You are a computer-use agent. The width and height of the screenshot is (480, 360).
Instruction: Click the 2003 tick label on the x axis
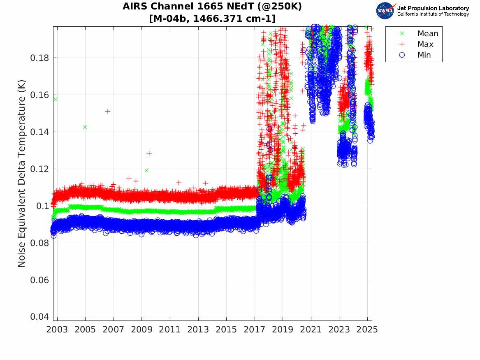click(x=57, y=330)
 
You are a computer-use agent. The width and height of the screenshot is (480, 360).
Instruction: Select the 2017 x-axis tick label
click(x=255, y=330)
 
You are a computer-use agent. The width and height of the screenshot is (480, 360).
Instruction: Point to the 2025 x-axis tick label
click(x=367, y=330)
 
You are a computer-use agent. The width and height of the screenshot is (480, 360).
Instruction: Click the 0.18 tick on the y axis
click(x=39, y=58)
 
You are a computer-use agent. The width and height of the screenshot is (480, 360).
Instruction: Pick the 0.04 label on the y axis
click(x=39, y=317)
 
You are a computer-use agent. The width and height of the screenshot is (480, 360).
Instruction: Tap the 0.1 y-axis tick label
click(x=43, y=206)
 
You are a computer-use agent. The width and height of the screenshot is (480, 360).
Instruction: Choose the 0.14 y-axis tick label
click(x=39, y=132)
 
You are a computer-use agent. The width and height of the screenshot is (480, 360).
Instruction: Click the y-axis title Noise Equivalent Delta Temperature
click(x=22, y=174)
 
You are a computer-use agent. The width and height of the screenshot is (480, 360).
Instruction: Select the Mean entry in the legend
click(x=428, y=34)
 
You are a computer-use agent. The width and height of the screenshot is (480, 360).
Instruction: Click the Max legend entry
click(x=425, y=44)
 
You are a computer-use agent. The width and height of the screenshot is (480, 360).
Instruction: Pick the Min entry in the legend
click(x=424, y=55)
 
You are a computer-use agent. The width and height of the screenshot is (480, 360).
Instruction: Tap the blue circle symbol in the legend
click(x=402, y=55)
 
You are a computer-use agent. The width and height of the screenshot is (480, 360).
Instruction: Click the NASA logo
click(x=386, y=11)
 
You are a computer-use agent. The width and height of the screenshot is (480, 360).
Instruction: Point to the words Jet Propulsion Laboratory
click(x=433, y=8)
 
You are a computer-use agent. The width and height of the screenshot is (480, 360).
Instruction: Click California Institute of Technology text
click(x=433, y=14)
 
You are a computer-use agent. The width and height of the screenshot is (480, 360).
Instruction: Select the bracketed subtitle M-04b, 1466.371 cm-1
click(x=212, y=19)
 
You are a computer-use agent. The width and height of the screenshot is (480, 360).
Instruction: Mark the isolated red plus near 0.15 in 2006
click(x=108, y=111)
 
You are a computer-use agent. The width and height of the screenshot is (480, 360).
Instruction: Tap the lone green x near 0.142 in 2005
click(x=85, y=127)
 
